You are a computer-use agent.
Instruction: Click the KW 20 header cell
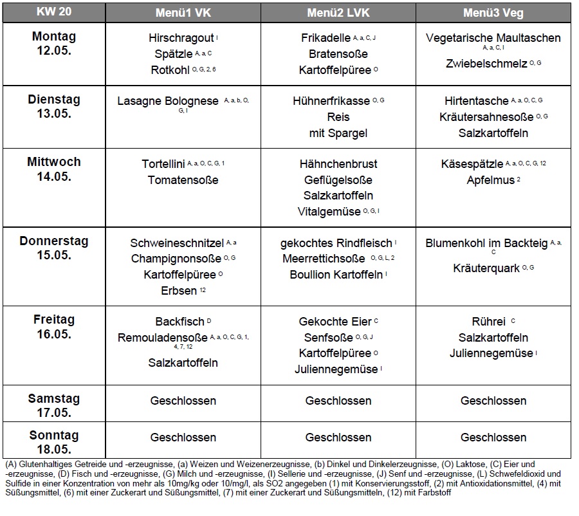coord(54,12)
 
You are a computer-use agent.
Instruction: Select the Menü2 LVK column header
coord(338,13)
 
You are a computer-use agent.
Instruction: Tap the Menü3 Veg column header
coord(493,13)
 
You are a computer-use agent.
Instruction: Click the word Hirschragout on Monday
coord(181,38)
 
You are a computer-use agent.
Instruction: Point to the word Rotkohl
coord(170,70)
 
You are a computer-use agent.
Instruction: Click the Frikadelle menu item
coord(326,38)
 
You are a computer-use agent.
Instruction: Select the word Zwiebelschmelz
coord(486,64)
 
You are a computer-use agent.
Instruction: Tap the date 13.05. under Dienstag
coord(54,114)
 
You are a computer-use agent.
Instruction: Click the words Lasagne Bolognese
coord(168,101)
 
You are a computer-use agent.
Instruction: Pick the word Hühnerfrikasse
coord(331,101)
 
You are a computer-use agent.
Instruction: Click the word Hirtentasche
coord(476,101)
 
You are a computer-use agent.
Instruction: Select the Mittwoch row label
coord(54,161)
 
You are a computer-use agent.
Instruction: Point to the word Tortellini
coord(163,164)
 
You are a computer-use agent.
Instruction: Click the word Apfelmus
coord(490,180)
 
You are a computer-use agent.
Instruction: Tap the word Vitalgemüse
coord(329,212)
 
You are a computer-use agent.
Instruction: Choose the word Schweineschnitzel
coord(177,243)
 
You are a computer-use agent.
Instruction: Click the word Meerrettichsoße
coord(324,259)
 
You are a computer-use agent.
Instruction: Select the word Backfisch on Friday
coord(180,322)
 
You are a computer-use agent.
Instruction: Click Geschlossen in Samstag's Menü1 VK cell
coord(183,401)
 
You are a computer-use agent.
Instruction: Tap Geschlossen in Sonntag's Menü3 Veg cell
coord(493,438)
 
